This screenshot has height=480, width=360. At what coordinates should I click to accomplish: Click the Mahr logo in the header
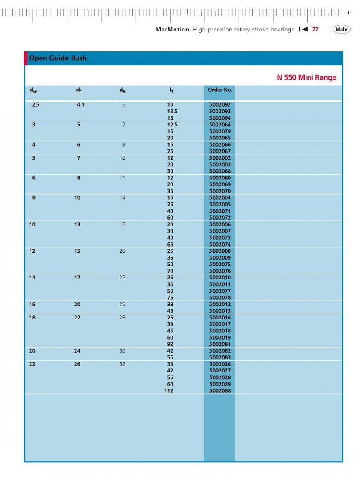point(342,30)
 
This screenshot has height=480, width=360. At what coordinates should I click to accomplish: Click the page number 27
point(315,30)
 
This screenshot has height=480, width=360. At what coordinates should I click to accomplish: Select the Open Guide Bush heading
point(58,58)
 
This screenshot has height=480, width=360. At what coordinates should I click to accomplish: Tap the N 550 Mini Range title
point(306,77)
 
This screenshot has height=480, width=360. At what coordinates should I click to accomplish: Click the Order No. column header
point(220,90)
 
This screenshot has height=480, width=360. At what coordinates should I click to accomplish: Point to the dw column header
point(33,91)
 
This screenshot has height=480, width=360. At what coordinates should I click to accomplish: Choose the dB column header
point(122,91)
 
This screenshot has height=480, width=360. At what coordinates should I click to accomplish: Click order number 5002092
point(220,104)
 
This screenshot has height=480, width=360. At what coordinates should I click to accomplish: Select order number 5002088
point(220,391)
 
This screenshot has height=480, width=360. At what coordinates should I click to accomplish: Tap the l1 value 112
point(169,391)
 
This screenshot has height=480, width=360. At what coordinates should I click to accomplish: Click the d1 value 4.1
point(81,104)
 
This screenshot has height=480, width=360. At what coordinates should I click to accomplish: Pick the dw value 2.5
point(36,104)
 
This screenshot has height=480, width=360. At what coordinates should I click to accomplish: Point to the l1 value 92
point(170,344)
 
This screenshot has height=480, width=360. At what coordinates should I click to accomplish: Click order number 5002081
point(220,344)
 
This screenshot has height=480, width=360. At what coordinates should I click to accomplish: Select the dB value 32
point(122,364)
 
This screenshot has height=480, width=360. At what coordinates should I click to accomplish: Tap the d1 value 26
point(77,364)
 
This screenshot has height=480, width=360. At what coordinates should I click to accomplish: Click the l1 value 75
point(170,297)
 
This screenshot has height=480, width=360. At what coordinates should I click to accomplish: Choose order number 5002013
point(220,311)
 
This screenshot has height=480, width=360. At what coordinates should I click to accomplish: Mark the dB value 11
point(122,178)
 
